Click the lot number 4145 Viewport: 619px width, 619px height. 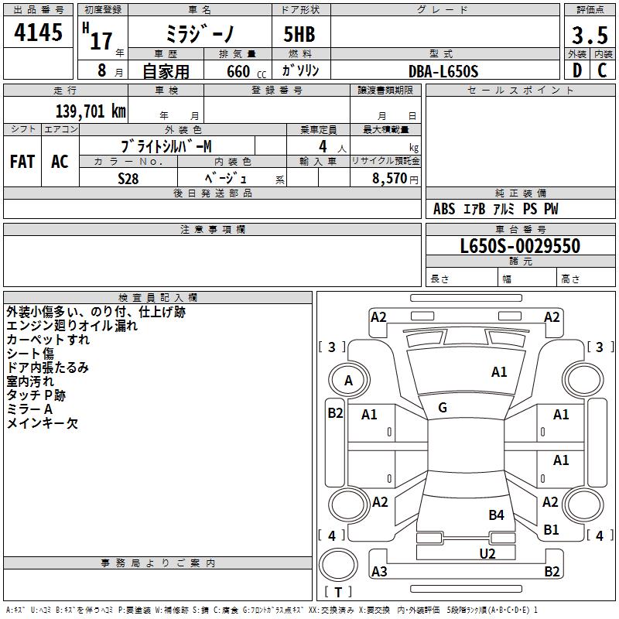pos(38,32)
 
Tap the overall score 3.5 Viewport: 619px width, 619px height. pos(590,35)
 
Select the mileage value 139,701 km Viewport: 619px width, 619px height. pos(91,111)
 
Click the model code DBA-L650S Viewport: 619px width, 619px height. pos(443,71)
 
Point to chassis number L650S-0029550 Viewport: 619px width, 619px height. pos(520,246)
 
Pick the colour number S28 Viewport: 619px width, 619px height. pos(128,179)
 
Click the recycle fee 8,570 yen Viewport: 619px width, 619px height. pos(395,179)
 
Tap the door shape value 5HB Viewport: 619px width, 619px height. pos(299,34)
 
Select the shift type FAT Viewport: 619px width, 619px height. pos(22,162)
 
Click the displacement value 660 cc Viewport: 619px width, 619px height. pos(246,72)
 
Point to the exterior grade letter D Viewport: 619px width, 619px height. pos(577,70)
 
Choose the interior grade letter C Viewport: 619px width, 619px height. pos(602,70)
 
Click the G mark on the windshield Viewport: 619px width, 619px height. pos(443,408)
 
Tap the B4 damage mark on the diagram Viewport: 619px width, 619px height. pos(496,515)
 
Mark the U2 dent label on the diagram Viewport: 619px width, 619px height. pos(487,553)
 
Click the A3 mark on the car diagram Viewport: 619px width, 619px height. pos(379,571)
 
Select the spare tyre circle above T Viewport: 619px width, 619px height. pos(338,565)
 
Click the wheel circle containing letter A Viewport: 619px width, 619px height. pos(349,380)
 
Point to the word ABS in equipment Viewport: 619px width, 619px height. pos(444,209)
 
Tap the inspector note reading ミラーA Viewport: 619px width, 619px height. pos(29,409)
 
